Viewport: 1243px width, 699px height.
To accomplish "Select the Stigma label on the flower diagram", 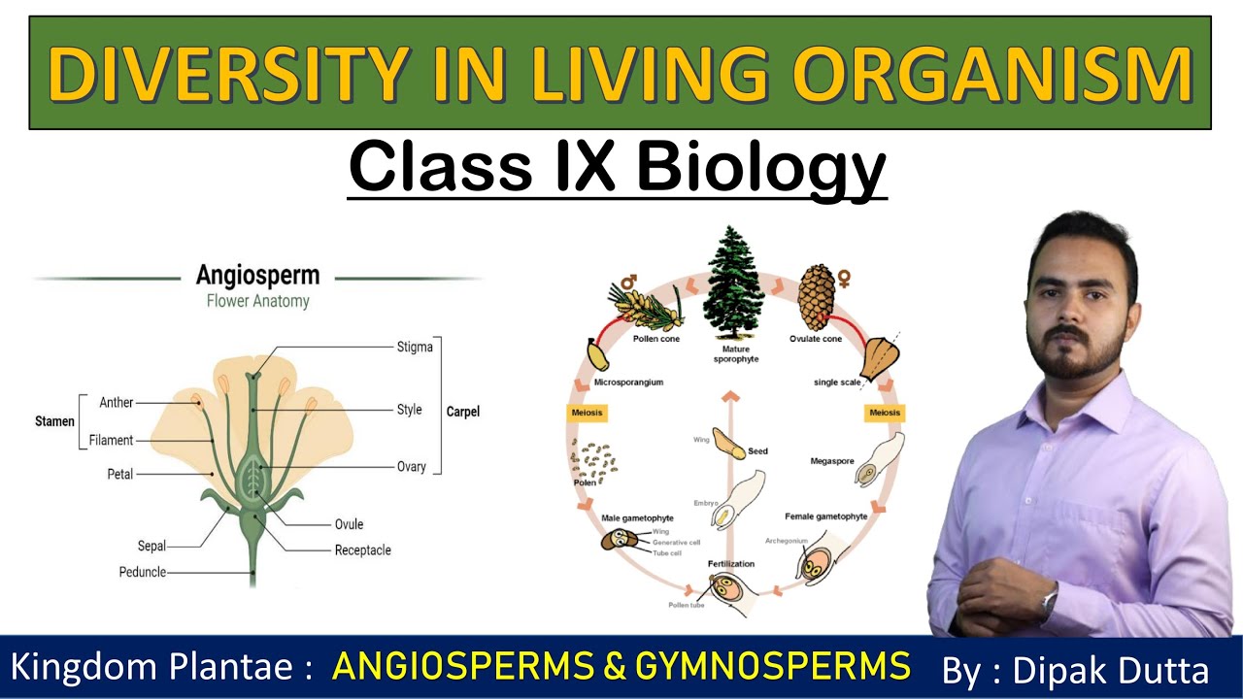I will coord(415,347).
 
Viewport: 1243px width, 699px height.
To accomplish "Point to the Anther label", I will coord(117,402).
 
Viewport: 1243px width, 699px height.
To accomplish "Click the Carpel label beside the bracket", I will coord(463,412).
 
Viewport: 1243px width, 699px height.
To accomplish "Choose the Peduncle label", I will coord(143,572).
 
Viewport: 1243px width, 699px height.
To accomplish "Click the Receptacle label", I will coord(362,549).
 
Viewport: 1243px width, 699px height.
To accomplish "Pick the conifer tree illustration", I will coord(734,281).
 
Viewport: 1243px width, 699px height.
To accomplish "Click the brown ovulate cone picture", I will coord(817,296).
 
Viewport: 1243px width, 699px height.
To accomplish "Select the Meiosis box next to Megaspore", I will coord(884,413).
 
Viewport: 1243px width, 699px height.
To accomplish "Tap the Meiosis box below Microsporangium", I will coord(587,413).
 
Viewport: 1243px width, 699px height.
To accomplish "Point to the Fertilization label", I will coord(730,563).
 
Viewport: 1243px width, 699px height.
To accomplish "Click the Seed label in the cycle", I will coord(757,451).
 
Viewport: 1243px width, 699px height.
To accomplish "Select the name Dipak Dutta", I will coord(1110,670).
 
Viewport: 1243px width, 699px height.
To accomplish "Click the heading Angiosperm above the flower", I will coord(257,275).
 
